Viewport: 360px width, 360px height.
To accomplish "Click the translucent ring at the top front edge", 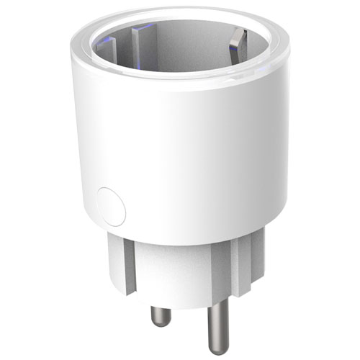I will (180, 81).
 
